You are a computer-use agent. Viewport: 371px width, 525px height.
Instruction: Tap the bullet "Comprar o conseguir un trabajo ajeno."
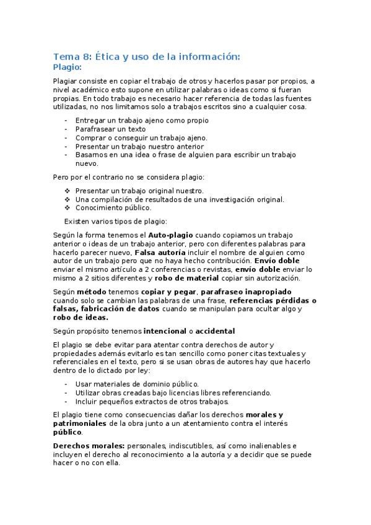pyautogui.click(x=141, y=137)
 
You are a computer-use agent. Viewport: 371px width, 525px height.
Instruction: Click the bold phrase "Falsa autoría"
pyautogui.click(x=160, y=253)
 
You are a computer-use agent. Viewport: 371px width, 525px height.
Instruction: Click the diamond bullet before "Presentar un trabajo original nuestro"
pyautogui.click(x=68, y=191)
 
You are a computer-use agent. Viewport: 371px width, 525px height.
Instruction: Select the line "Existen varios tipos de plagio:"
pyautogui.click(x=115, y=221)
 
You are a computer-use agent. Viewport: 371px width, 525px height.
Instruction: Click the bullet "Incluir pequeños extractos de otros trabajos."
pyautogui.click(x=152, y=401)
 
